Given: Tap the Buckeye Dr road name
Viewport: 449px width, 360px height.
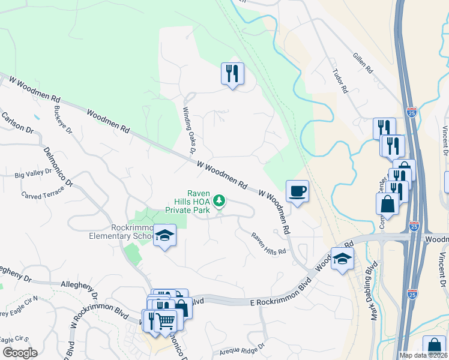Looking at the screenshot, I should (x=62, y=121).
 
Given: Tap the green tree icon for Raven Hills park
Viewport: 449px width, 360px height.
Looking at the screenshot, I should (x=220, y=200).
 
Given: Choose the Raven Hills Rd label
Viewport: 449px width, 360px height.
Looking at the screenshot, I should (x=268, y=244).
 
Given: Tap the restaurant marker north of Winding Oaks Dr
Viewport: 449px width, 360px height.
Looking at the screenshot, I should (x=232, y=74).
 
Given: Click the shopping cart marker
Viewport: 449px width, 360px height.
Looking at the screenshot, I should (x=166, y=320).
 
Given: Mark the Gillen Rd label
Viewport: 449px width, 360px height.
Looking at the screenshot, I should (x=363, y=62).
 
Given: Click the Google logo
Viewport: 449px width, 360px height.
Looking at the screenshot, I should (x=20, y=352).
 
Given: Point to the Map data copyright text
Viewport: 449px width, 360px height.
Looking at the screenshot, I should (x=423, y=355).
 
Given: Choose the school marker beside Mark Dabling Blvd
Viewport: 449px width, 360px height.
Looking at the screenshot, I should (x=342, y=259).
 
